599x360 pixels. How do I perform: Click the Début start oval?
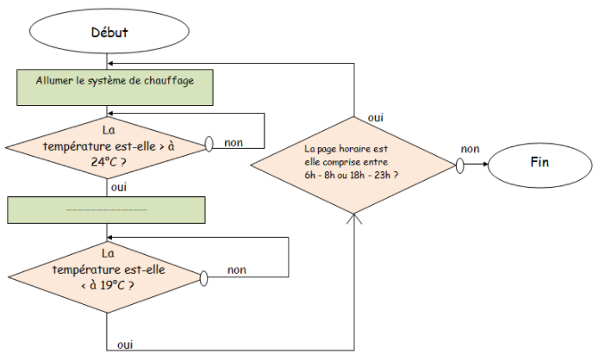pos(109,31)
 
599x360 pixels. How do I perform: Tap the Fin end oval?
pos(540,164)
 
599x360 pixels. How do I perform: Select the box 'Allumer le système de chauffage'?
pos(115,88)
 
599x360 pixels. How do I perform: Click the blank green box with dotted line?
pos(106,210)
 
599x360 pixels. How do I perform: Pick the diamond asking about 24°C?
pos(107,147)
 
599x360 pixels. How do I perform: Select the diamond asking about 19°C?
pos(106,277)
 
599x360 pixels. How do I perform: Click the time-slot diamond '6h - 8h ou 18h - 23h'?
pos(353,164)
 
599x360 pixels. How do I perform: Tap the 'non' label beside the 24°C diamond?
pos(234,143)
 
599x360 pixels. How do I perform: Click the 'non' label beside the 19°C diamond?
pos(236,270)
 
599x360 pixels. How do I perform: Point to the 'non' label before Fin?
pos(470,149)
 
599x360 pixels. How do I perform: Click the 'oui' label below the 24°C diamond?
pos(119,188)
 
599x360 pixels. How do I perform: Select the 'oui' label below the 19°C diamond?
pos(125,344)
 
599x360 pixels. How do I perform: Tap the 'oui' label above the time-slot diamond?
pos(376,118)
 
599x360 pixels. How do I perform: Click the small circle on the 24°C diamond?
pos(209,144)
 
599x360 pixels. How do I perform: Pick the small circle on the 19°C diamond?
pos(203,278)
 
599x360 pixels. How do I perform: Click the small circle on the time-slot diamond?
pos(460,165)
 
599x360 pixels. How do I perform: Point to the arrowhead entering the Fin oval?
pos(486,164)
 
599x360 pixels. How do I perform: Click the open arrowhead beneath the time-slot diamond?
pos(354,218)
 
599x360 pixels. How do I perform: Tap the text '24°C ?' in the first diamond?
pos(109,162)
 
